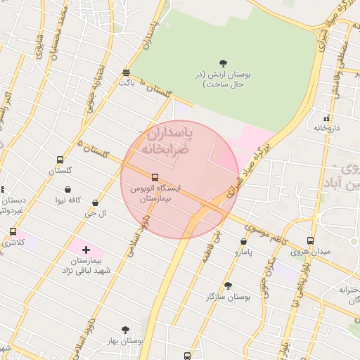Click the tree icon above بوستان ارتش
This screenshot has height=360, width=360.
click(224, 64)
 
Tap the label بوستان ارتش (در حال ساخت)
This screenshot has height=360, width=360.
click(224, 79)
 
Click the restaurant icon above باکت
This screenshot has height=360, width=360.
click(126, 72)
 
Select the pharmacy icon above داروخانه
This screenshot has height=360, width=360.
click(326, 118)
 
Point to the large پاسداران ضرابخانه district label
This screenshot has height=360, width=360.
click(166, 142)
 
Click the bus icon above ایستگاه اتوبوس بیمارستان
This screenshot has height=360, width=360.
click(155, 177)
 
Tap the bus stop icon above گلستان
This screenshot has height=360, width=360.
click(60, 160)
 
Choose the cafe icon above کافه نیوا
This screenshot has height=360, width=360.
click(67, 190)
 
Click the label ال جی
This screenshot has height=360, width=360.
click(95, 213)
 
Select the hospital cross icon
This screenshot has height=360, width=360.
click(86, 250)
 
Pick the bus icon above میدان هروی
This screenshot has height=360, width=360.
click(310, 241)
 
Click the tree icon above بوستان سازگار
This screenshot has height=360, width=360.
click(227, 285)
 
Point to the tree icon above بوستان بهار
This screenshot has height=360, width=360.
click(125, 329)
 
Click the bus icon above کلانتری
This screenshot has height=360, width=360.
click(13, 231)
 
